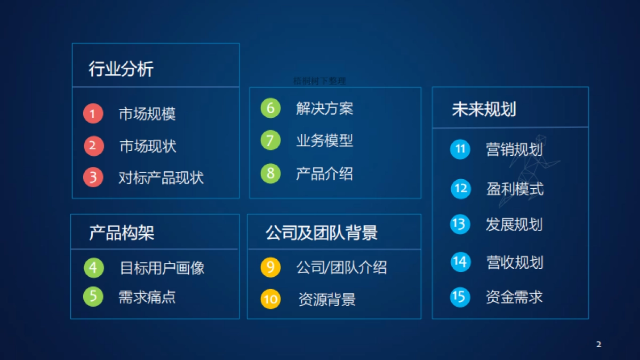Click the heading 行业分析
(121, 69)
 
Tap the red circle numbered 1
(93, 114)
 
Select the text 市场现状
(148, 146)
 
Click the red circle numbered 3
(93, 177)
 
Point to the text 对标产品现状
(161, 178)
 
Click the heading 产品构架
(122, 233)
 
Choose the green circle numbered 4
(93, 268)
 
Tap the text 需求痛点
(147, 297)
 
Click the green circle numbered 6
(270, 108)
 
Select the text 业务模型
(324, 141)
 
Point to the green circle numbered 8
(270, 173)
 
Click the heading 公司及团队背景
(322, 233)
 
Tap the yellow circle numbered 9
(270, 267)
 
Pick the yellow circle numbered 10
(270, 299)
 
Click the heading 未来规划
(484, 110)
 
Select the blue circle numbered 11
(460, 149)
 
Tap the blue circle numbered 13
(460, 224)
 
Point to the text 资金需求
(514, 297)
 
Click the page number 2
(598, 345)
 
